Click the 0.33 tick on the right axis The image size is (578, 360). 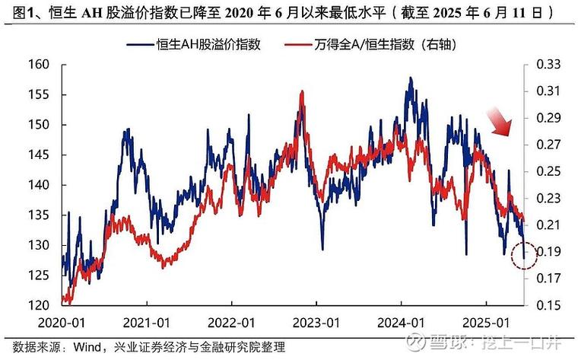pyautogui.click(x=548, y=65)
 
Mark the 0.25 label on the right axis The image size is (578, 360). pyautogui.click(x=548, y=171)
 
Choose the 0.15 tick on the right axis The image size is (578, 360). pyautogui.click(x=548, y=305)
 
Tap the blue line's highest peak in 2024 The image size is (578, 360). pyautogui.click(x=411, y=78)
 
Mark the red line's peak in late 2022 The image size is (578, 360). pyautogui.click(x=303, y=91)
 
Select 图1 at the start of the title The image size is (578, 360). pyautogui.click(x=17, y=13)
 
